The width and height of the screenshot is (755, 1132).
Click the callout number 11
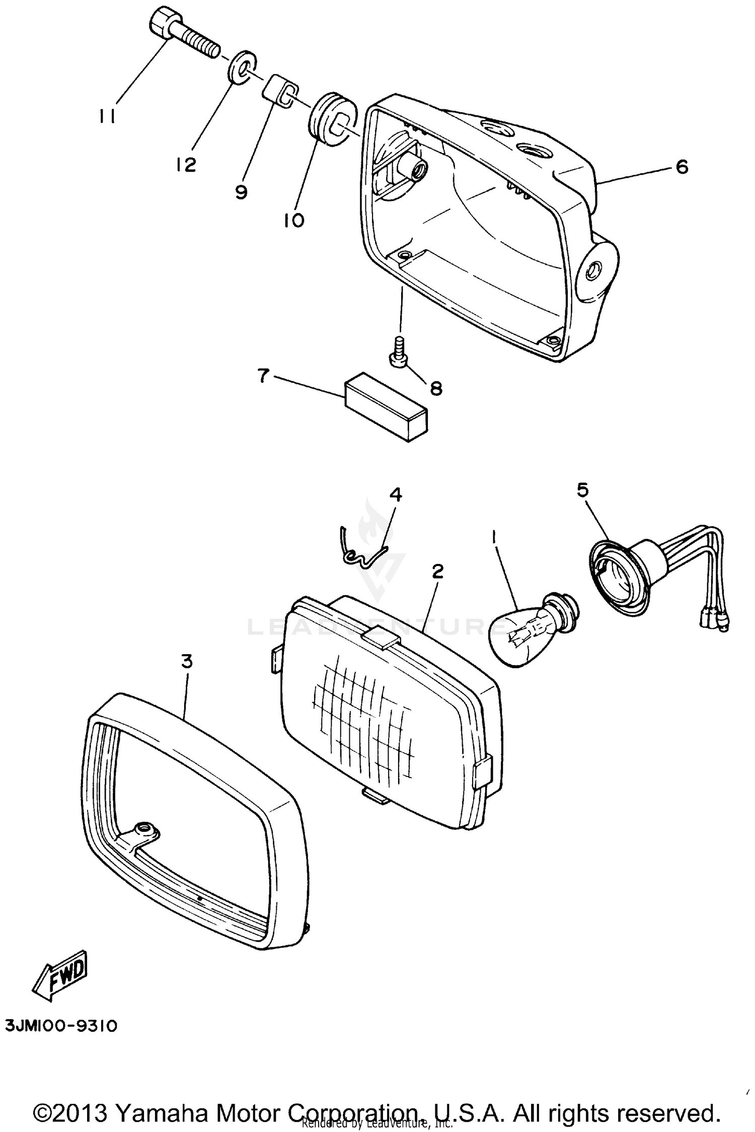[x=107, y=117]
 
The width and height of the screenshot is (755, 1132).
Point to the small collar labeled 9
[x=280, y=90]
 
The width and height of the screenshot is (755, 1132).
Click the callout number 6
[x=682, y=167]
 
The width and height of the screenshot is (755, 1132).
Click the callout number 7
[x=263, y=375]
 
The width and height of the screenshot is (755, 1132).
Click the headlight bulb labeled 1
[x=526, y=634]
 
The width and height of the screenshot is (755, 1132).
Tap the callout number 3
[x=187, y=661]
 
